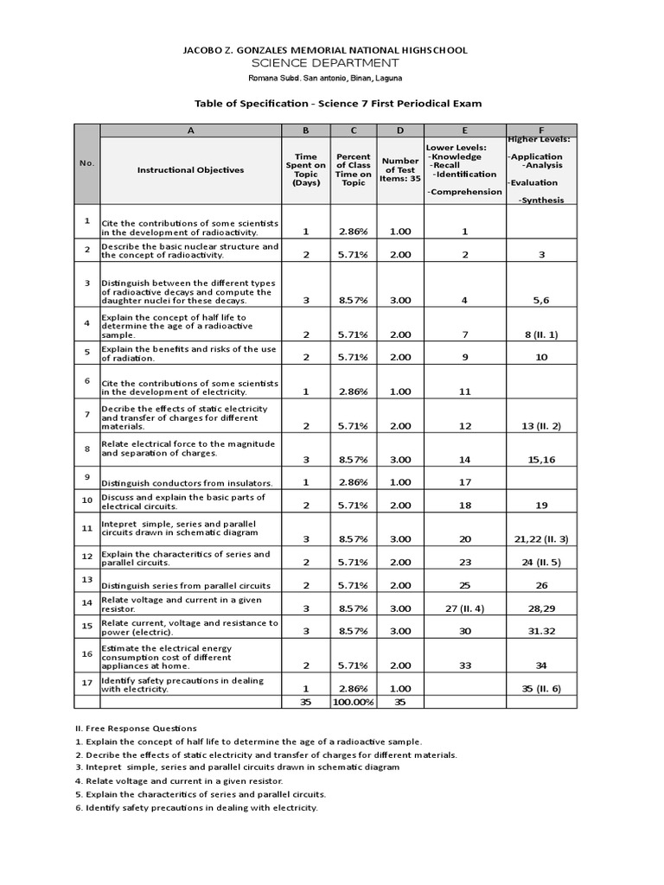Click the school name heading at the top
[x=325, y=50]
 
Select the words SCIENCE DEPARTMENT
[x=325, y=63]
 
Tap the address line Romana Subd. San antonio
[x=325, y=79]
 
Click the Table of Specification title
[x=338, y=103]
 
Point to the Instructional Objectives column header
[x=190, y=170]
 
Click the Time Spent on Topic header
[x=306, y=170]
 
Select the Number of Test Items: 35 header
[x=400, y=170]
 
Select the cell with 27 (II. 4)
[x=464, y=608]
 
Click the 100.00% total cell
[x=353, y=702]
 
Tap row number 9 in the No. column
[x=86, y=476]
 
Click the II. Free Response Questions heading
[x=136, y=728]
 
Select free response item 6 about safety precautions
[x=197, y=807]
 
